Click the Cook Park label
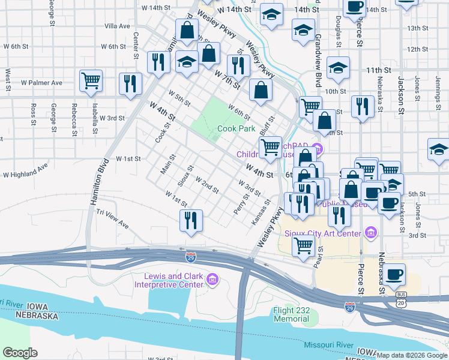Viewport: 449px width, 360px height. click(x=236, y=128)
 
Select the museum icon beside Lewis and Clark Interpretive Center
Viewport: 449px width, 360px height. click(x=212, y=280)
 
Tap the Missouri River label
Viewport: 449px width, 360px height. click(x=328, y=345)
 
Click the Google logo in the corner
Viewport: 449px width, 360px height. click(x=20, y=353)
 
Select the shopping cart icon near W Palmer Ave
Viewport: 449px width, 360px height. click(x=91, y=80)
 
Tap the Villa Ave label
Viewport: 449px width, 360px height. click(x=117, y=26)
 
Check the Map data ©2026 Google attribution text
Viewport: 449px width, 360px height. click(x=412, y=355)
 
